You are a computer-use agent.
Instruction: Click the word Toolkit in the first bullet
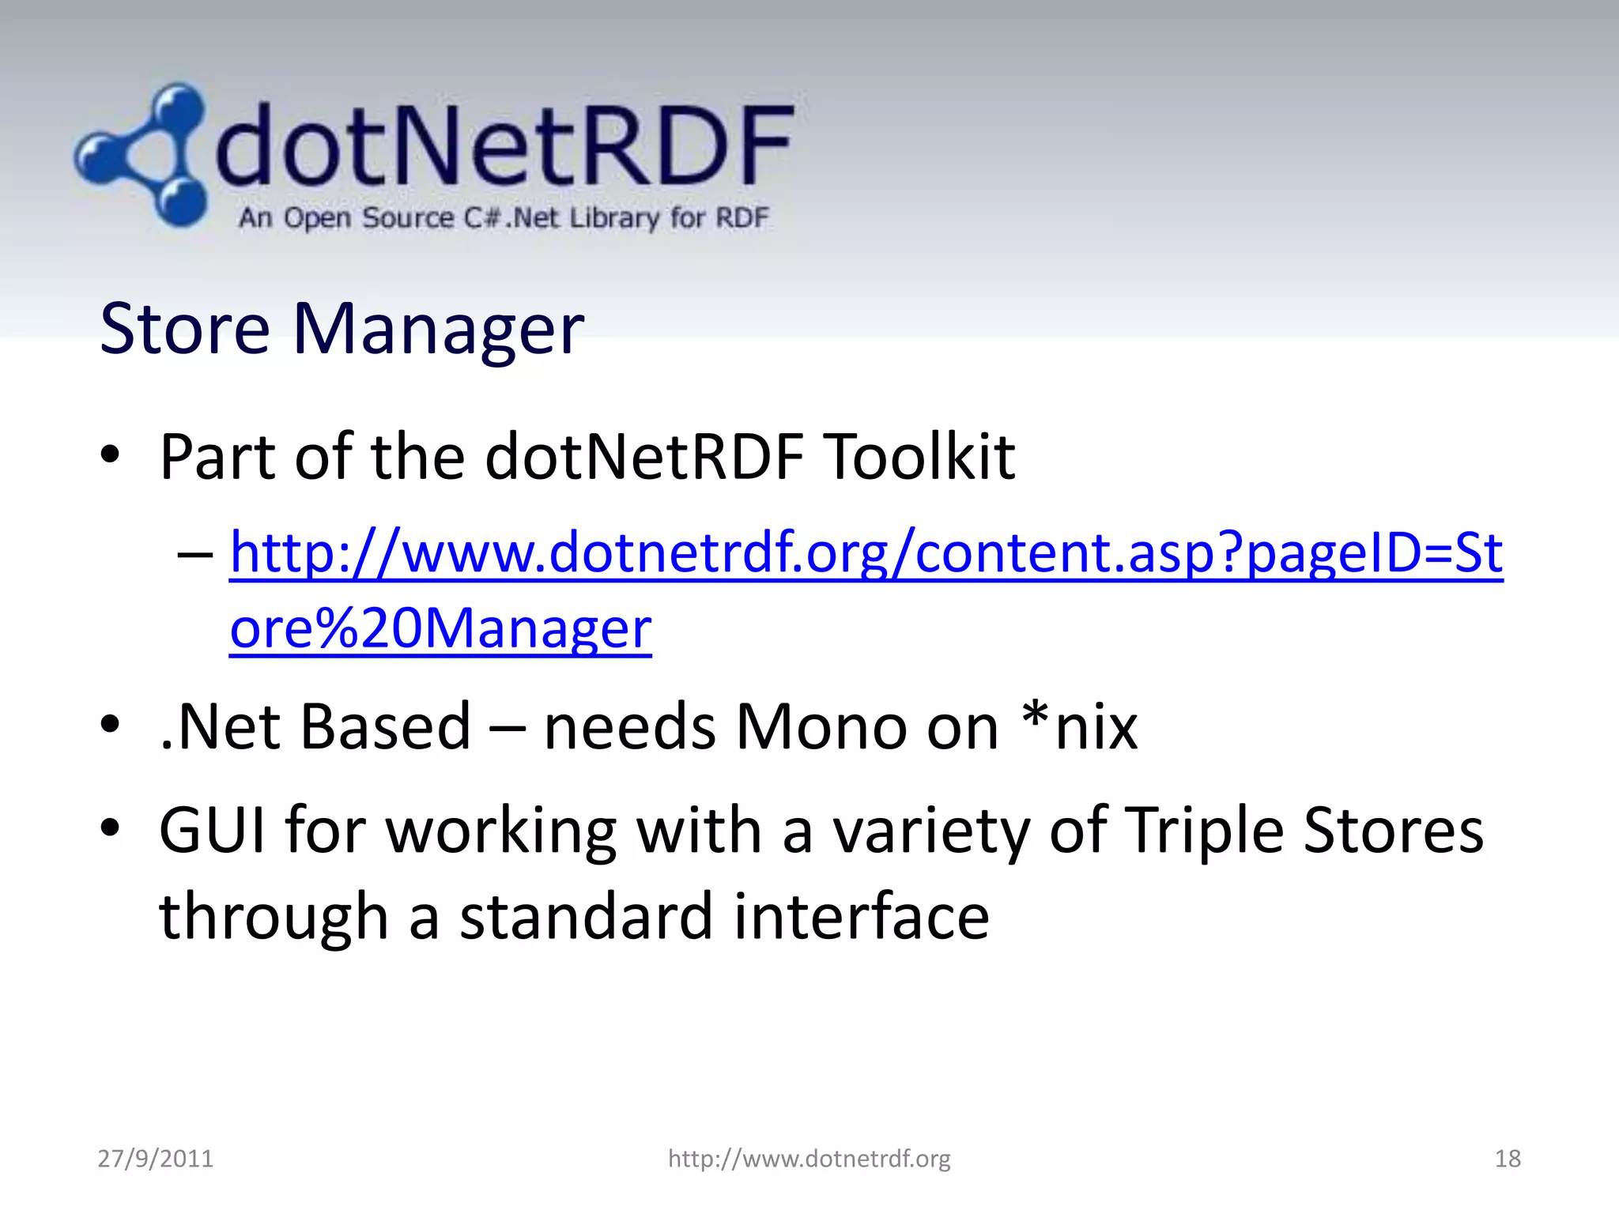click(919, 458)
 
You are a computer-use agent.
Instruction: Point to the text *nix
click(1079, 726)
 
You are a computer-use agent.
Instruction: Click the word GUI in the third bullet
click(212, 831)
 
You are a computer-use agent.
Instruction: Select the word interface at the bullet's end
click(861, 917)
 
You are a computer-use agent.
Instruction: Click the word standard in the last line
click(586, 917)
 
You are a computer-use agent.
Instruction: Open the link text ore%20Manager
click(440, 630)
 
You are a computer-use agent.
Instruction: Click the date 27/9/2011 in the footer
click(156, 1159)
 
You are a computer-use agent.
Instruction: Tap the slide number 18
click(1508, 1159)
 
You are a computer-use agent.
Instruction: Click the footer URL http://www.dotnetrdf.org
click(809, 1159)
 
